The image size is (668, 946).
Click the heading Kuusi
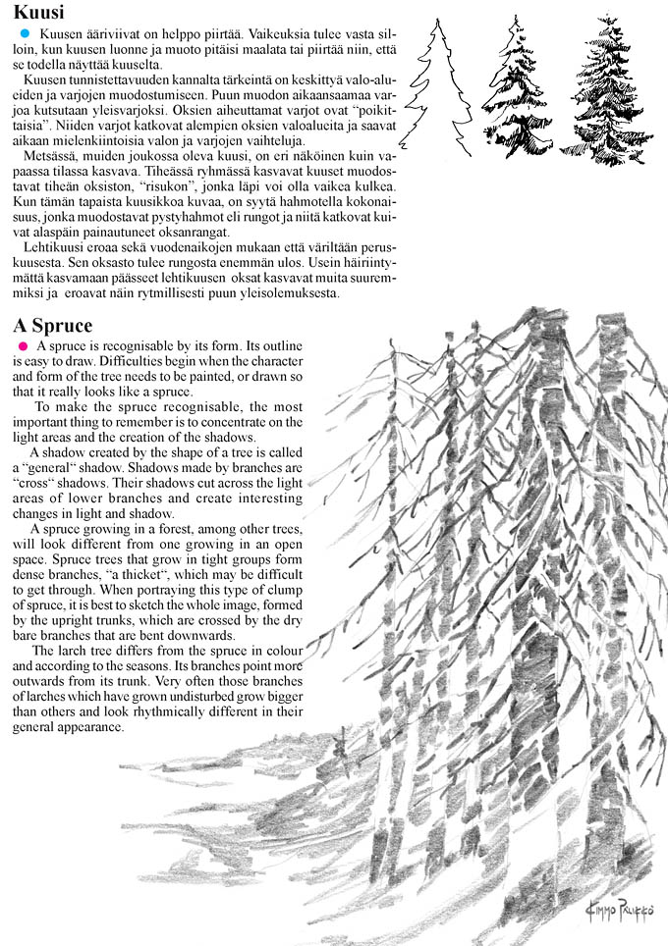click(39, 13)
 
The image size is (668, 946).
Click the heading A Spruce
click(53, 325)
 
